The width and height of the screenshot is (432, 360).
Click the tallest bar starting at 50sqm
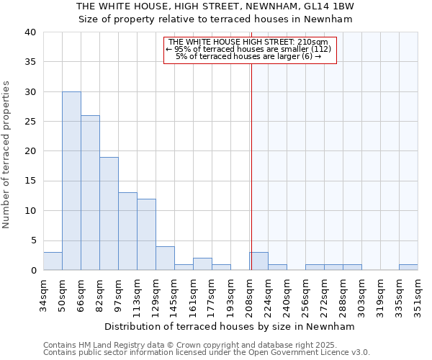pyautogui.click(x=71, y=181)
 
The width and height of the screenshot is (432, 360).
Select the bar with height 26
pyautogui.click(x=90, y=192)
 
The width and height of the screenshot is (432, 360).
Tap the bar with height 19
pyautogui.click(x=109, y=213)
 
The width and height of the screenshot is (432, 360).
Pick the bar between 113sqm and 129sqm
pyautogui.click(x=146, y=234)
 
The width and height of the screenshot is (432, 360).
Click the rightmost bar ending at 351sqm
pyautogui.click(x=408, y=267)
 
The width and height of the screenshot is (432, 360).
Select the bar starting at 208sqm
pyautogui.click(x=259, y=261)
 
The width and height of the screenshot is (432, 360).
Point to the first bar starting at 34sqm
pyautogui.click(x=53, y=261)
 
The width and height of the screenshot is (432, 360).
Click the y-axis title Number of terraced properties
pyautogui.click(x=7, y=154)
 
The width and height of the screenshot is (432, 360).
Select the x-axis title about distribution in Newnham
pyautogui.click(x=230, y=326)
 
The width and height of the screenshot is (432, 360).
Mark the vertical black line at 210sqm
pyautogui.click(x=251, y=166)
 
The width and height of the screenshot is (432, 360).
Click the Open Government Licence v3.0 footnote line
pyautogui.click(x=206, y=352)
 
